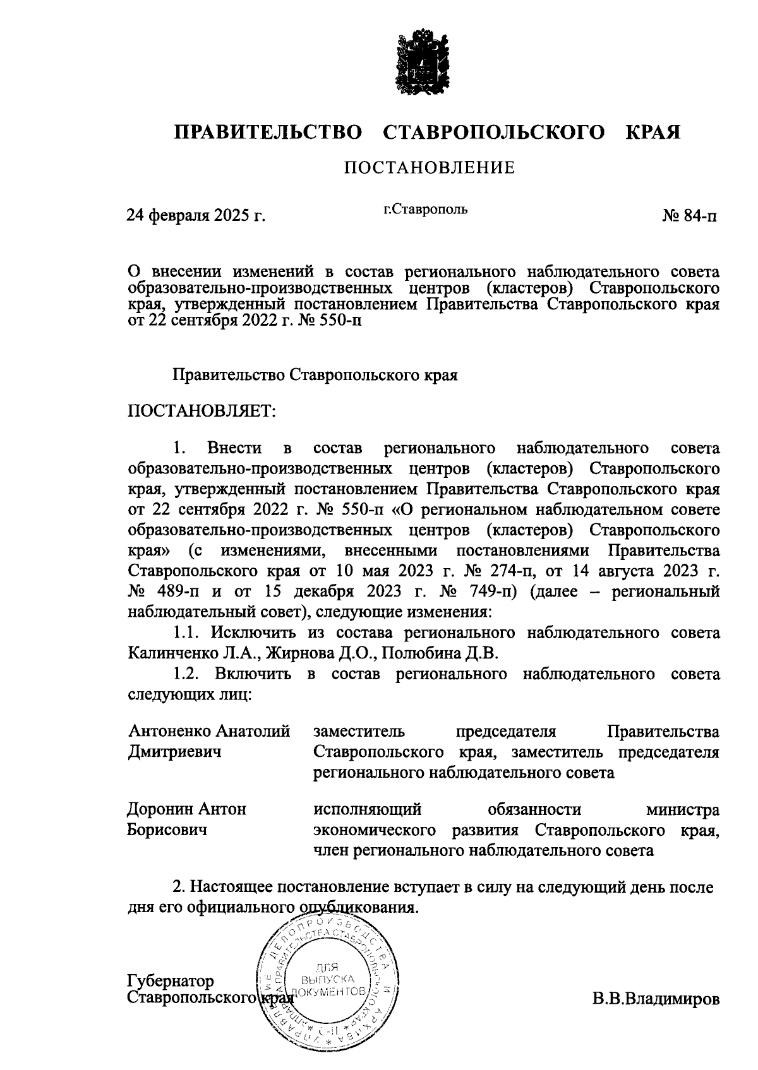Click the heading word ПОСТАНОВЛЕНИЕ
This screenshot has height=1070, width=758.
point(430,168)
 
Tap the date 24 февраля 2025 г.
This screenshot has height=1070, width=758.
point(196,216)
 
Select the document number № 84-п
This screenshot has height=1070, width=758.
point(690,216)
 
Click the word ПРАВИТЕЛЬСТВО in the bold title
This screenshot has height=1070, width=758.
point(269,133)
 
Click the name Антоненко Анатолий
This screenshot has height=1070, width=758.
point(209,732)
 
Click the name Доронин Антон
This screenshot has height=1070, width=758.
point(187,809)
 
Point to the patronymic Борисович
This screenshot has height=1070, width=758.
point(167,829)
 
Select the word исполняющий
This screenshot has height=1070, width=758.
point(368,809)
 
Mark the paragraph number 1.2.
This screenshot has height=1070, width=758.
point(186,674)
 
